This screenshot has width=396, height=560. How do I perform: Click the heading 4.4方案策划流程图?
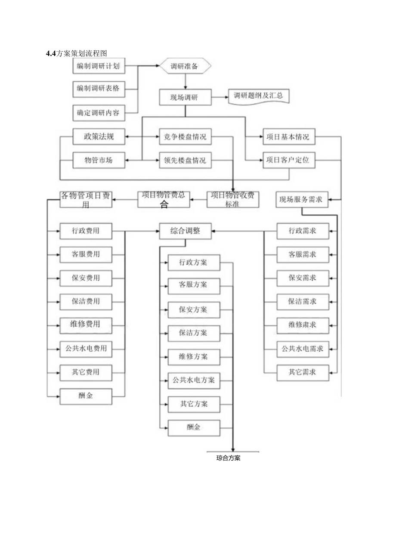coord(76,54)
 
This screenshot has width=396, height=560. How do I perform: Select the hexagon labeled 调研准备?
coord(185,66)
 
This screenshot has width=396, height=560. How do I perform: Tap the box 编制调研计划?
coord(99,66)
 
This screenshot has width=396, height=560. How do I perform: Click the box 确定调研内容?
coord(99,113)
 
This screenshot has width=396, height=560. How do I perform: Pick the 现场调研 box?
coord(185,97)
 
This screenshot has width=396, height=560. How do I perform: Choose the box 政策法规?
coord(99,137)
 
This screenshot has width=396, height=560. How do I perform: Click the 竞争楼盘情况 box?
coord(185,137)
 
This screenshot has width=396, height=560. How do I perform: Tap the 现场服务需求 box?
coord(302,199)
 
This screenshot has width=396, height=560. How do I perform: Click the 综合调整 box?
coord(185,231)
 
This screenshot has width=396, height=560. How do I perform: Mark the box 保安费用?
coord(86,277)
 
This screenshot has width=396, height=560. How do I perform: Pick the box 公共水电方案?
coord(194,381)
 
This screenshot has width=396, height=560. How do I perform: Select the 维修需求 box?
coord(303,323)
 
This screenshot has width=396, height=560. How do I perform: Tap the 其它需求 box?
coord(303,371)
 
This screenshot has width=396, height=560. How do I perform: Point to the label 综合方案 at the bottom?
coord(229,458)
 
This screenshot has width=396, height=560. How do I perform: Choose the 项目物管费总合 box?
coord(164,199)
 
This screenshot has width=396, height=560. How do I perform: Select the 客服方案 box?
coord(194,285)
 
